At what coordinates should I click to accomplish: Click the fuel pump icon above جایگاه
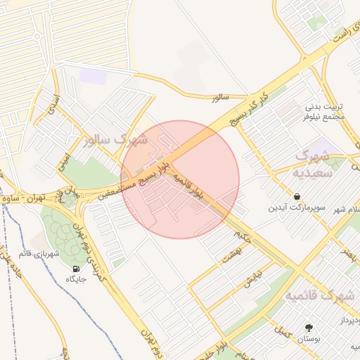click(x=76, y=268)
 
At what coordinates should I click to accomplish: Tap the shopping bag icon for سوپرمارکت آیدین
click(x=297, y=197)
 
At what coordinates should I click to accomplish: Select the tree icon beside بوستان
click(x=309, y=328)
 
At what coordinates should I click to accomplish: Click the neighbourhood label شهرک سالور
click(x=115, y=140)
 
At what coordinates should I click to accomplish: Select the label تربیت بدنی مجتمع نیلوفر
click(x=325, y=111)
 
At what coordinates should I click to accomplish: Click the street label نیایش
click(x=252, y=279)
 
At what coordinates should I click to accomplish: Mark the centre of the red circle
click(x=180, y=179)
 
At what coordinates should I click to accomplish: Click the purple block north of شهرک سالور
click(x=93, y=76)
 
